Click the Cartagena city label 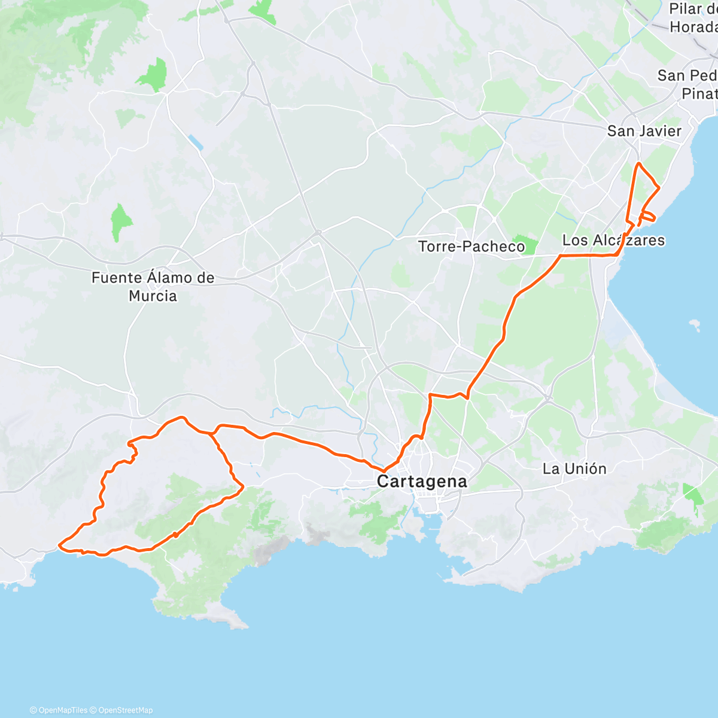tap(422, 481)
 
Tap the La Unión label tap(574, 468)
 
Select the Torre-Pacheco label tap(471, 246)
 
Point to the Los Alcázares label tap(613, 240)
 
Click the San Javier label tap(644, 131)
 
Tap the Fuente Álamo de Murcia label tap(153, 287)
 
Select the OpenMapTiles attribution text tap(62, 710)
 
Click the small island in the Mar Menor tap(694, 325)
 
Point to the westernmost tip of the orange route tap(59, 544)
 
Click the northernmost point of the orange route tap(639, 163)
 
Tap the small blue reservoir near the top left tap(195, 143)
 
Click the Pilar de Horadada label tap(693, 18)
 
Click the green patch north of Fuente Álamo tap(121, 223)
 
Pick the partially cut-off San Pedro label tap(687, 84)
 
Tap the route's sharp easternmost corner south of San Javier tap(659, 188)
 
